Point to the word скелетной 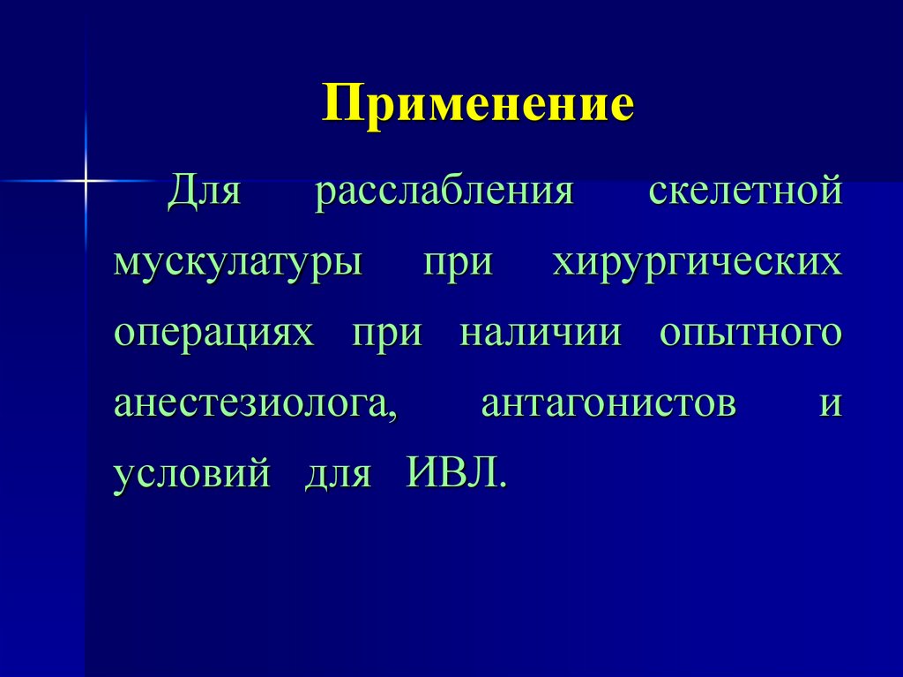pos(745,192)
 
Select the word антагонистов pos(608,405)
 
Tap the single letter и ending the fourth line pos(831,406)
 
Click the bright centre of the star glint pos(86,180)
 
